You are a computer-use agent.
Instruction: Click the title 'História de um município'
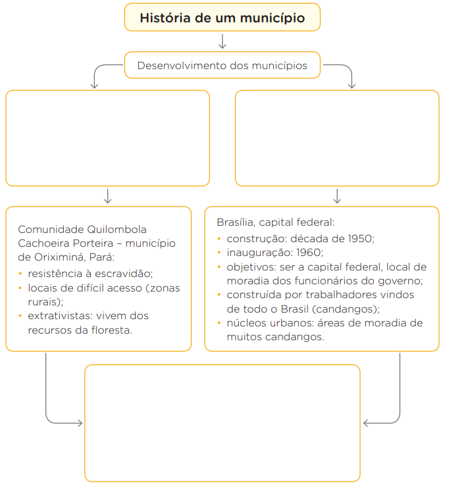coord(222,18)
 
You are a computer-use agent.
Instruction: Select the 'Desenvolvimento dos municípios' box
coord(222,65)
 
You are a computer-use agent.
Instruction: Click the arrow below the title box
coord(222,41)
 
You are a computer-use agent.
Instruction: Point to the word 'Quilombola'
coord(117,230)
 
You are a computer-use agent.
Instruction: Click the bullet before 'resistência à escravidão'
coord(20,274)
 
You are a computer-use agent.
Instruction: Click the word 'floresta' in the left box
coord(111,330)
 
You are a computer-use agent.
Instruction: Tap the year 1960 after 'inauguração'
coord(309,253)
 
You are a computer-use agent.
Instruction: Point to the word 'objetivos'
coord(251,267)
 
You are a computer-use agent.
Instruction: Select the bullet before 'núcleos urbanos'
coord(219,323)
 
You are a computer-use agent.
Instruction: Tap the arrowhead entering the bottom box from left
coord(80,423)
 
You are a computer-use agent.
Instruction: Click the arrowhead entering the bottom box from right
coord(365,423)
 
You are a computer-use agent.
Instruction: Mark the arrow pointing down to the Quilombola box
coord(108,196)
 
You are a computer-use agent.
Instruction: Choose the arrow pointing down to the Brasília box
coord(337,196)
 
